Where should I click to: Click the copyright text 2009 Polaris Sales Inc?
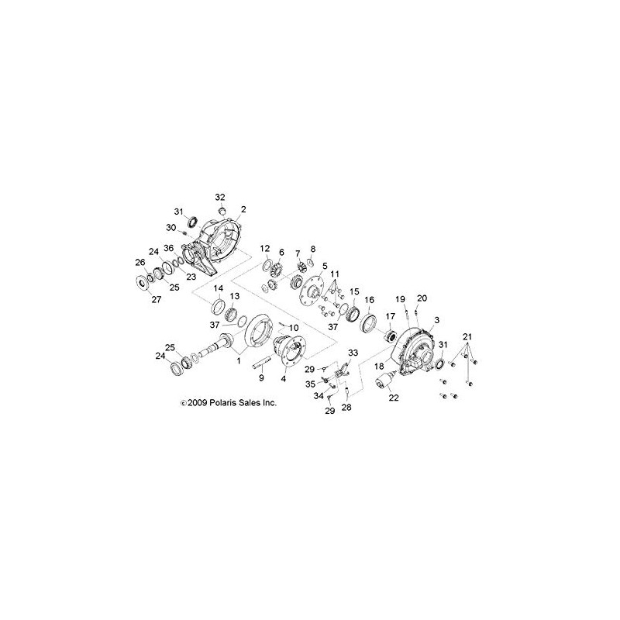tap(229, 403)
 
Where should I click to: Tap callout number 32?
tap(220, 197)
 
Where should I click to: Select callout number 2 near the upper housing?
tap(243, 209)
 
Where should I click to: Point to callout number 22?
tap(394, 398)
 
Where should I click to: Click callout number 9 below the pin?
tap(261, 378)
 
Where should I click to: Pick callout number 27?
tap(157, 299)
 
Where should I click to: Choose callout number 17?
tap(391, 316)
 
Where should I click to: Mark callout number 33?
tap(353, 352)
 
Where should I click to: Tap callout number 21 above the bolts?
tap(467, 337)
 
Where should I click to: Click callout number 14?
tap(219, 288)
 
